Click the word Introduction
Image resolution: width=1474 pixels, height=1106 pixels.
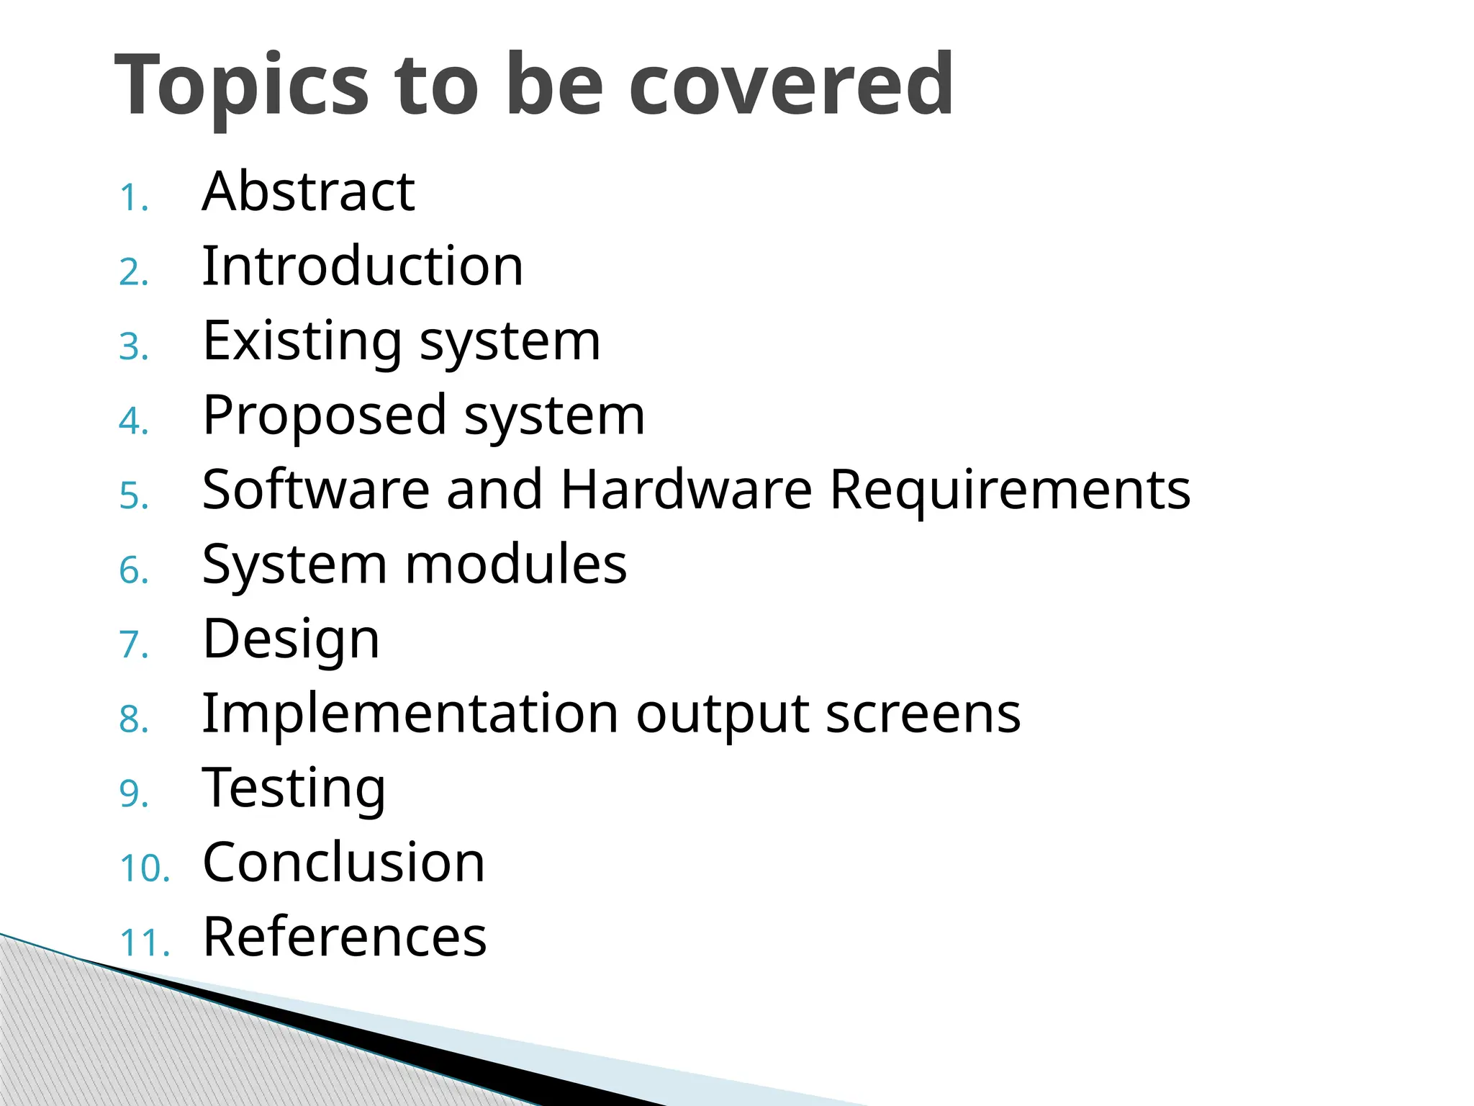[x=363, y=266]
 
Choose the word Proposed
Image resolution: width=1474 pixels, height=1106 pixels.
[x=325, y=416]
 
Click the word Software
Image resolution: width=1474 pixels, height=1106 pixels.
[x=316, y=490]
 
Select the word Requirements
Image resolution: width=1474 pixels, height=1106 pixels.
[x=1010, y=490]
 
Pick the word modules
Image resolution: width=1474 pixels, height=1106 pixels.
[x=516, y=565]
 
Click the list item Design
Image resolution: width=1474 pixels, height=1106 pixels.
[x=291, y=639]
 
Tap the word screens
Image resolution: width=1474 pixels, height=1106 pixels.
[x=923, y=714]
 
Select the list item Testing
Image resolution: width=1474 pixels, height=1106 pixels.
[x=294, y=788]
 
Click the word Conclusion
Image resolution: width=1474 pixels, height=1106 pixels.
[x=344, y=863]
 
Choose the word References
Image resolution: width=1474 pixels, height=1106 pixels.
[x=345, y=938]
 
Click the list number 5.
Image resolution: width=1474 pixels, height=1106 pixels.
[x=134, y=497]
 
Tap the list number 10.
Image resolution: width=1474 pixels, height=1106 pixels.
[x=145, y=868]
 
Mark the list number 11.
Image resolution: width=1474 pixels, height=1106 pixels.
[x=145, y=943]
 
